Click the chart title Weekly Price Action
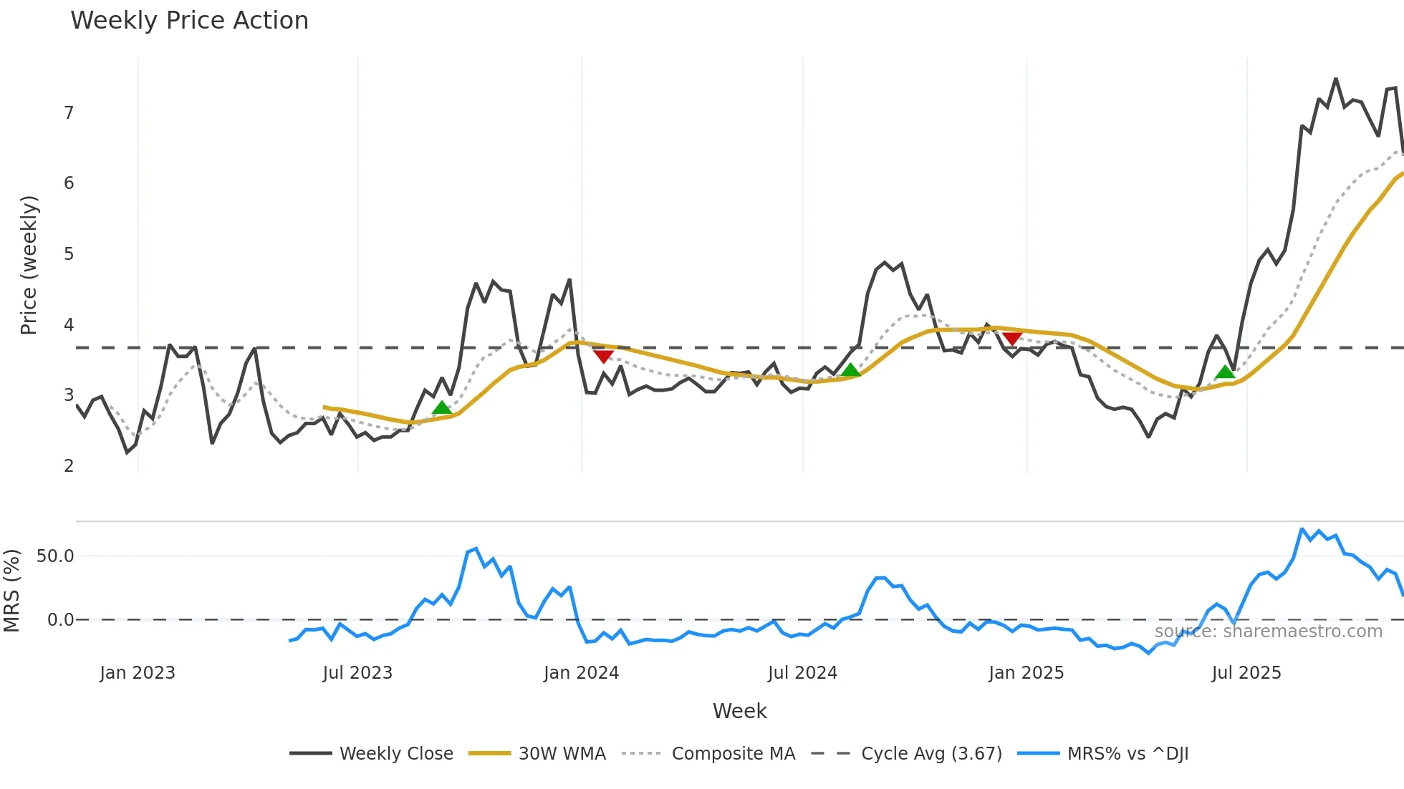click(189, 21)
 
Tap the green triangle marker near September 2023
click(442, 408)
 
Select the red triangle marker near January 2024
click(603, 356)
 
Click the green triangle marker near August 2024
click(850, 370)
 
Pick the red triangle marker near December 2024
click(1011, 338)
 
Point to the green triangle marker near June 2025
click(1225, 372)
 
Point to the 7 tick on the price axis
click(69, 113)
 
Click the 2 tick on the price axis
click(69, 466)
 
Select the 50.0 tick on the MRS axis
click(56, 556)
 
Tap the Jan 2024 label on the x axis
click(581, 673)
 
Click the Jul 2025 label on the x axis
click(1246, 673)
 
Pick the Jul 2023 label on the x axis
click(357, 673)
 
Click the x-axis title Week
click(739, 711)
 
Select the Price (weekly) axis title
click(29, 265)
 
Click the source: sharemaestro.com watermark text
click(1268, 631)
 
